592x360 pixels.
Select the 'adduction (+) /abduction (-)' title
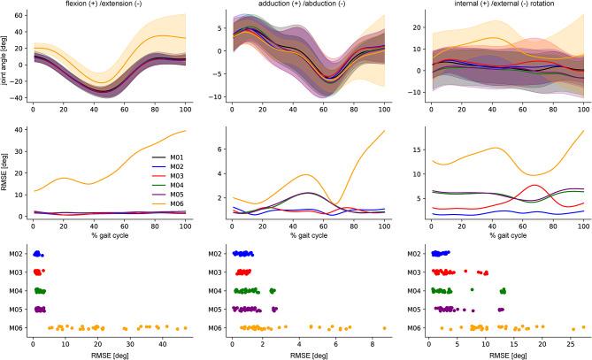305,5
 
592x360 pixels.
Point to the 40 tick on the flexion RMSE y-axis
21,131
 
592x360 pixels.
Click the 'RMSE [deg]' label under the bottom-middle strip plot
305,355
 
